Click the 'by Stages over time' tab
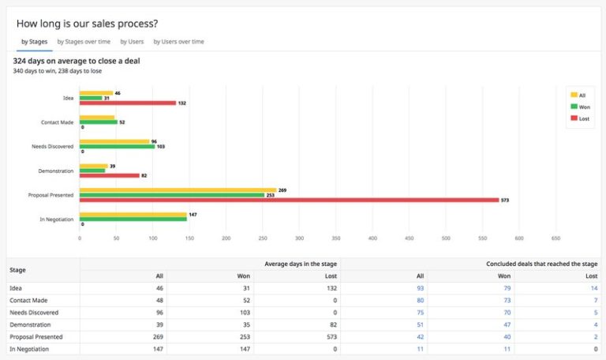coord(84,41)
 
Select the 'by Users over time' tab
coord(178,41)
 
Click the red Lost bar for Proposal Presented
coord(289,200)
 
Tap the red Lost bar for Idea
coord(127,103)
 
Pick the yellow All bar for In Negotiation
coord(133,215)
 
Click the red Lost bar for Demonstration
coord(109,175)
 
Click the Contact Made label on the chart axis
coord(57,122)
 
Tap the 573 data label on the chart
coord(505,201)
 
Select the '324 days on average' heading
coord(77,61)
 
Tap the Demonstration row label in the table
coord(29,324)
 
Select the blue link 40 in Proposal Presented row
coord(507,336)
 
